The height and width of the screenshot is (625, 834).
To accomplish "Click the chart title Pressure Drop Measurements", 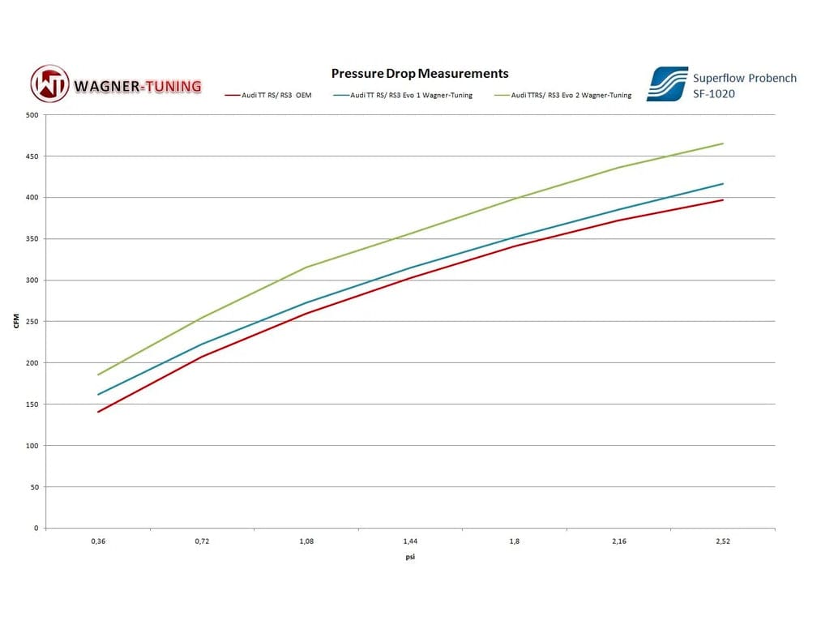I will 420,74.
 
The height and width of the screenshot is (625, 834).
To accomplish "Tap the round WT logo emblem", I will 50,84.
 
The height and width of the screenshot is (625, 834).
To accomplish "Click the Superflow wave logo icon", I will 667,84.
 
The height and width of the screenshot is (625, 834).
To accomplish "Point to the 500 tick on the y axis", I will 32,115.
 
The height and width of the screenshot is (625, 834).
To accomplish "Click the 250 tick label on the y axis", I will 32,322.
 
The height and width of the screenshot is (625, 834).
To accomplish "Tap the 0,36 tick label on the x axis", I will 98,542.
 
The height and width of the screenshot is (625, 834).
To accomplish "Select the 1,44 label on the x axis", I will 410,542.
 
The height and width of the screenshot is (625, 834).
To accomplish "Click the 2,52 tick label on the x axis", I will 722,542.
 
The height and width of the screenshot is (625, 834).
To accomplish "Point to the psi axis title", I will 410,558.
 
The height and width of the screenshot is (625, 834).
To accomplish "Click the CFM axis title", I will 16,322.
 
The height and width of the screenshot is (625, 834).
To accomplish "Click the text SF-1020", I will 714,93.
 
